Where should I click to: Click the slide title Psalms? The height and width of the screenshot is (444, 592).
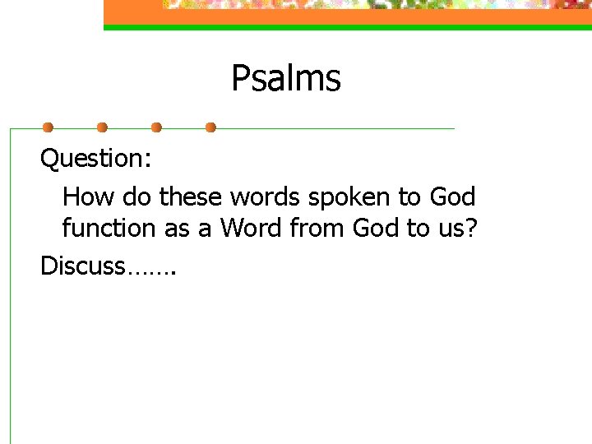click(x=285, y=79)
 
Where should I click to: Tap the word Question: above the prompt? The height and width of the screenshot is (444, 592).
click(x=96, y=158)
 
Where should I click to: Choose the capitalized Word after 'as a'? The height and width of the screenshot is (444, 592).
click(x=251, y=229)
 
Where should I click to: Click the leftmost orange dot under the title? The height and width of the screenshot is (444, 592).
click(x=48, y=127)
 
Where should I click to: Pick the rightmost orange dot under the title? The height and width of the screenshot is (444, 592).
click(x=210, y=127)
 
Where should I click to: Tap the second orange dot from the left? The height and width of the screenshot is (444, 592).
click(x=102, y=127)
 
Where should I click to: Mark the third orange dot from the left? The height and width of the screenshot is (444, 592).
click(x=156, y=127)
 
